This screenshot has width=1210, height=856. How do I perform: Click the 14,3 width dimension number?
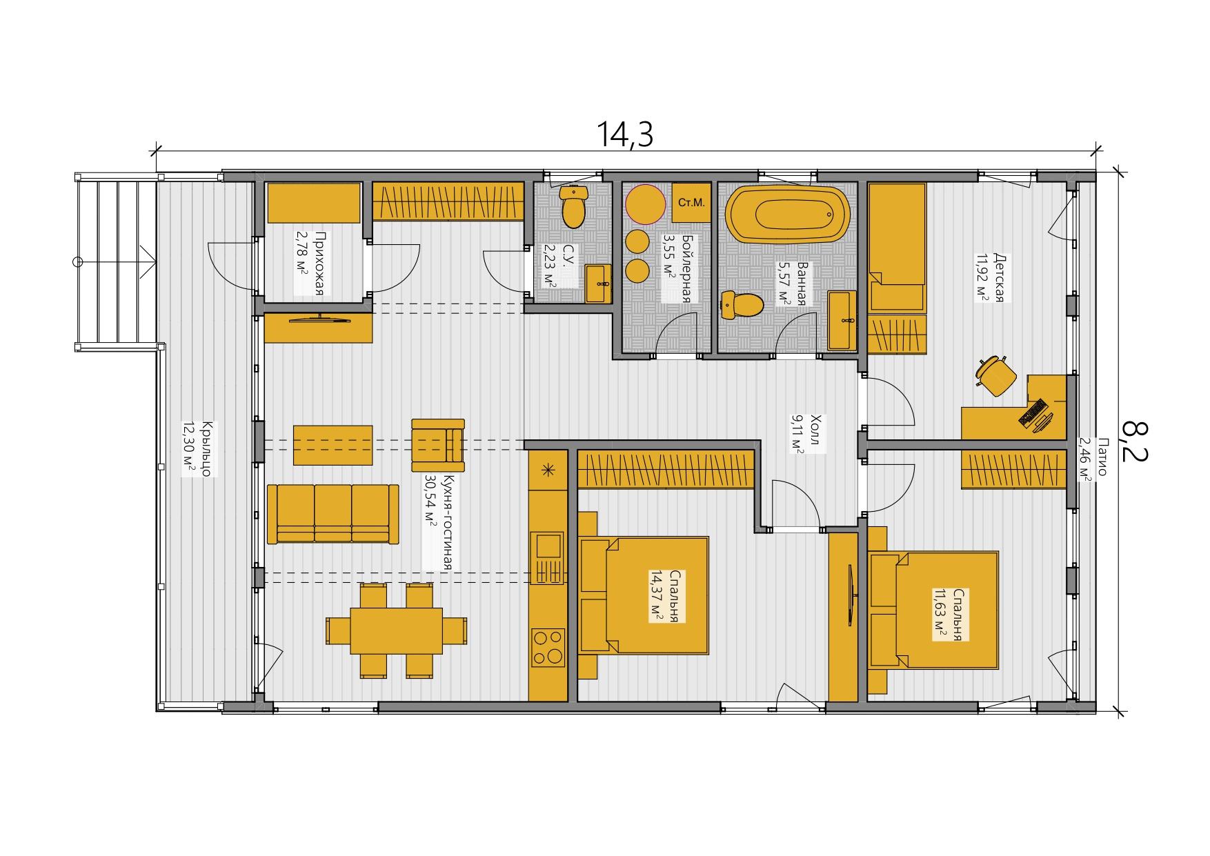624,135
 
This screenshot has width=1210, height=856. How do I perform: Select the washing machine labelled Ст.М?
691,203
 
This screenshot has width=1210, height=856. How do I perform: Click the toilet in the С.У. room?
573,206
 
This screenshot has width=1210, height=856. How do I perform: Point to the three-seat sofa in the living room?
333,514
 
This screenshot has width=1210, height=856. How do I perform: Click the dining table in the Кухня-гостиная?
396,630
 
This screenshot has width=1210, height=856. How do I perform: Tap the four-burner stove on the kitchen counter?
548,648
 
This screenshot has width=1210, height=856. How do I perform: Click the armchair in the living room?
438,445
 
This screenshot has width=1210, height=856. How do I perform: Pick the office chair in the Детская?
996,375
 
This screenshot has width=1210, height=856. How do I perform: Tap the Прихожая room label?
310,263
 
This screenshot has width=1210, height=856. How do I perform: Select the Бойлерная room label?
677,268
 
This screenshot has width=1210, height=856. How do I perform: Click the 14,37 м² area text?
656,596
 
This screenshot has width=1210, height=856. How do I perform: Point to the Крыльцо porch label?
197,448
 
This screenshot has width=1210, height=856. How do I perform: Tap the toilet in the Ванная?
742,305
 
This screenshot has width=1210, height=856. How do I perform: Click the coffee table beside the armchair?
333,445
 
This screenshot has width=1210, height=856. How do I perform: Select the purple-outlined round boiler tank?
646,204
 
